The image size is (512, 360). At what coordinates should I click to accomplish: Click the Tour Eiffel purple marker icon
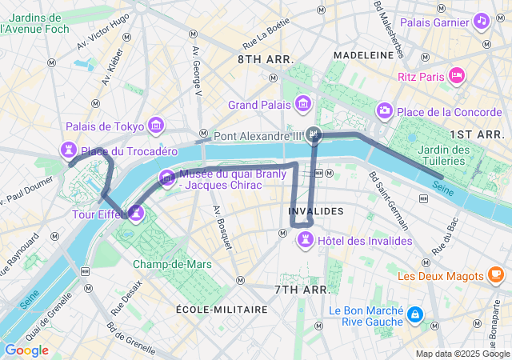click(x=136, y=213)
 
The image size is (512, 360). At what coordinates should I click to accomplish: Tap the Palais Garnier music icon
click(x=482, y=21)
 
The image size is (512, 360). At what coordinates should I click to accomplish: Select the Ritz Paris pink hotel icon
click(x=456, y=76)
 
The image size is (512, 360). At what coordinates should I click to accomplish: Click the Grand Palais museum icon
click(x=304, y=104)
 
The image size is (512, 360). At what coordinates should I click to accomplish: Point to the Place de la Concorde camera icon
click(x=385, y=110)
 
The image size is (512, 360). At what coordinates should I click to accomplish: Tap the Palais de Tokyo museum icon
click(x=155, y=126)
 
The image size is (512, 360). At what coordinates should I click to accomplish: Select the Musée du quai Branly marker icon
click(x=166, y=178)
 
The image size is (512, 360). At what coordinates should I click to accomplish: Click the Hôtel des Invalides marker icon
click(x=305, y=240)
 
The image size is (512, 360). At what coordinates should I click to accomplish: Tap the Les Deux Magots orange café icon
click(x=496, y=275)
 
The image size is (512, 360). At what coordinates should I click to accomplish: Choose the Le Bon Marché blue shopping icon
click(x=414, y=315)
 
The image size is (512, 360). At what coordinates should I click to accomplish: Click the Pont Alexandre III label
click(x=257, y=136)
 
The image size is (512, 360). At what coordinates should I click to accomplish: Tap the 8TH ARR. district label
click(x=266, y=60)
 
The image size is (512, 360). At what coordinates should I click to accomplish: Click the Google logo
click(x=26, y=350)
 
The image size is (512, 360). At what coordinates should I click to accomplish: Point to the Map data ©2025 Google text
click(x=462, y=354)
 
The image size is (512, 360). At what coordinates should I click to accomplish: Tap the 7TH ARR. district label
click(x=302, y=289)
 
